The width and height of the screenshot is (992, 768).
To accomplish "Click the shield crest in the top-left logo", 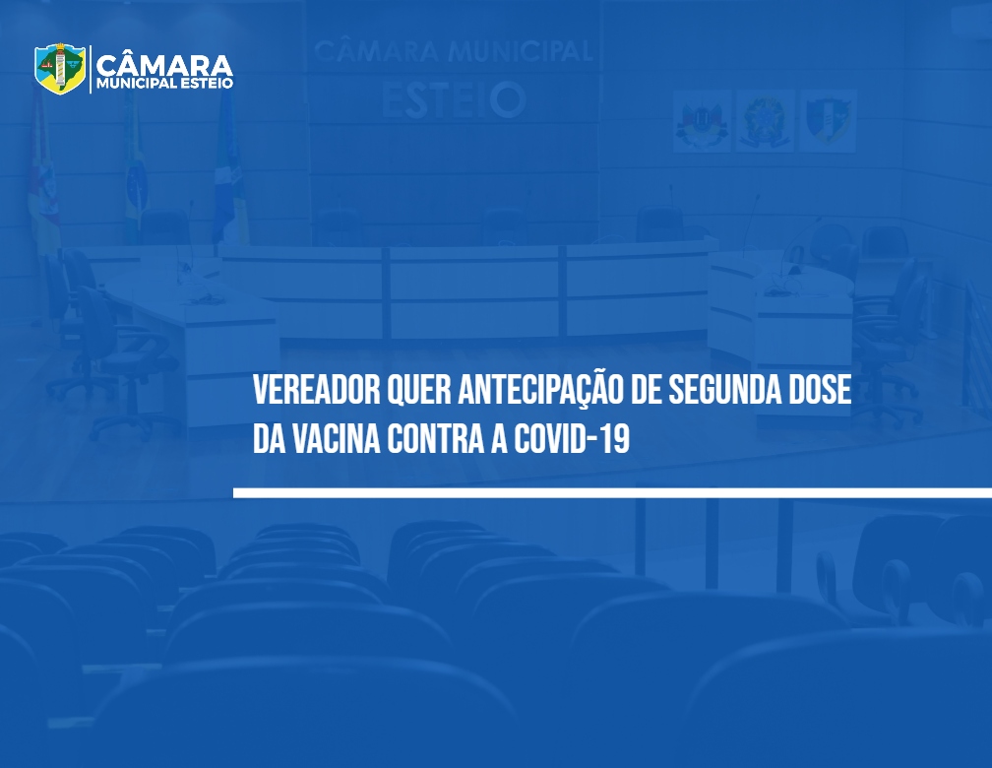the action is pos(60,68).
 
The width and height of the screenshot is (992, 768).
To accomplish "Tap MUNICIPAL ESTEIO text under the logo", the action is pos(165,84).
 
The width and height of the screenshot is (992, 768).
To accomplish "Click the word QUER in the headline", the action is pos(418,391).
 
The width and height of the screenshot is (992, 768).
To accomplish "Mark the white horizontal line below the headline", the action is pos(612,492).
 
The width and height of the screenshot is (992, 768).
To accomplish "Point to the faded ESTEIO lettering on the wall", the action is pos(454,99).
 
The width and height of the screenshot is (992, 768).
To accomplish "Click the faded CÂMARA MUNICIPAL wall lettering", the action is pos(453,51).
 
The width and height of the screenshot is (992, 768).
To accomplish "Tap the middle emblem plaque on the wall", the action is pos(765,120).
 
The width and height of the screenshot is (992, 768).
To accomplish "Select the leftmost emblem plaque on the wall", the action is pos(702,120).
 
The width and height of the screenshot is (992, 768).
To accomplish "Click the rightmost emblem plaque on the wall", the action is pos(829,120).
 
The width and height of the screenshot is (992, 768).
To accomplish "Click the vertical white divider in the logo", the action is pos(91,69).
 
